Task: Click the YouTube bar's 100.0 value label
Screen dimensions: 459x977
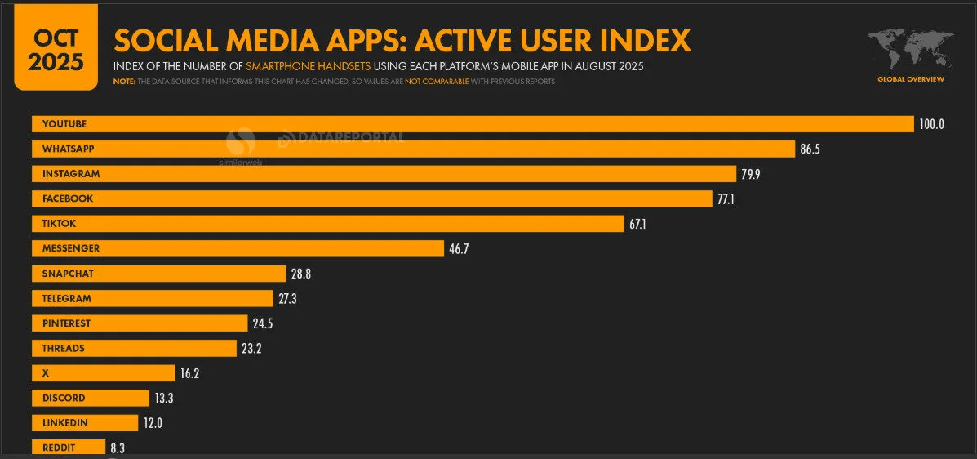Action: [x=931, y=124]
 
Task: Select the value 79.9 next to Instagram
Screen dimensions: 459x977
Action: [x=751, y=174]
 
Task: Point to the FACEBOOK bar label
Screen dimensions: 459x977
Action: [x=68, y=198]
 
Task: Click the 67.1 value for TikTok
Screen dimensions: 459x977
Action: [x=637, y=224]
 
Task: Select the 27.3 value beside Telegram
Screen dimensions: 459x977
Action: [x=287, y=299]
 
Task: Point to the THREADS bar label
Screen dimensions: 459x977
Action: [x=64, y=349]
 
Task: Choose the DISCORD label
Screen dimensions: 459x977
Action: [x=64, y=399]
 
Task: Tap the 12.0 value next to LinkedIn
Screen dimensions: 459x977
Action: [x=153, y=423]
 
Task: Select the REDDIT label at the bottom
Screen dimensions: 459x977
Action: [x=60, y=448]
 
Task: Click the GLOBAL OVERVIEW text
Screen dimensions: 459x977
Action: [x=911, y=79]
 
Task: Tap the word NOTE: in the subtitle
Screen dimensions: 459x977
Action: [x=124, y=82]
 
